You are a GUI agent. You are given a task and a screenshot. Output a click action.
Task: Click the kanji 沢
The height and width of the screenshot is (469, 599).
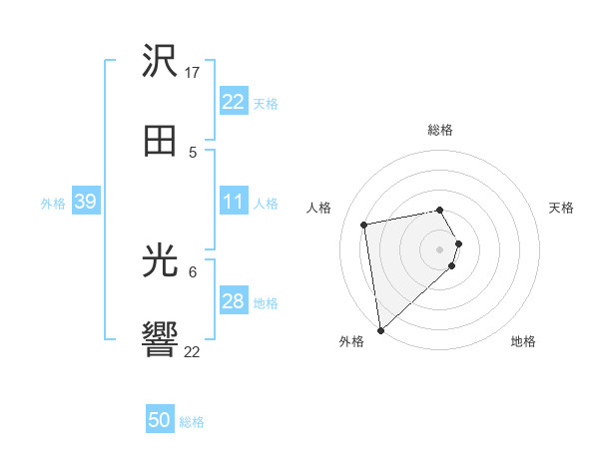(x=160, y=62)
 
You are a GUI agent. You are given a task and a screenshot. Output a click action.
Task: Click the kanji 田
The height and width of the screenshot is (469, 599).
(x=160, y=141)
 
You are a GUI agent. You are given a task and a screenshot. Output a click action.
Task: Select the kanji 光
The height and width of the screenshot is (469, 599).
(x=160, y=261)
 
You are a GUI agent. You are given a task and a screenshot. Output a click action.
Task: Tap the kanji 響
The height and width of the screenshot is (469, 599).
(x=160, y=340)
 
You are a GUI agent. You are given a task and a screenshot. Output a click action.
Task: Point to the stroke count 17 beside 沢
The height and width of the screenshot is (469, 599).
(x=194, y=73)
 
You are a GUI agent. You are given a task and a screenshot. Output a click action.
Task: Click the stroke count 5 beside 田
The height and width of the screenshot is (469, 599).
(x=193, y=152)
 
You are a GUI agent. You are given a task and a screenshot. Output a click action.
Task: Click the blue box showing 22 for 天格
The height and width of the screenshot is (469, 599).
(x=233, y=102)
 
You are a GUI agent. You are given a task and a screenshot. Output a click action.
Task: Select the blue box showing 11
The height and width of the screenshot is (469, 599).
(x=233, y=202)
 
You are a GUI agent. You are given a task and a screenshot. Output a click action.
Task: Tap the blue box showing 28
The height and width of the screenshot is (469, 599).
(x=233, y=301)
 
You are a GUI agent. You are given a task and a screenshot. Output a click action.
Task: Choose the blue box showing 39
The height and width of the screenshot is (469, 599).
(x=85, y=202)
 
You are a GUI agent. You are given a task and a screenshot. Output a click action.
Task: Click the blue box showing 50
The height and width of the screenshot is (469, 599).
(x=159, y=420)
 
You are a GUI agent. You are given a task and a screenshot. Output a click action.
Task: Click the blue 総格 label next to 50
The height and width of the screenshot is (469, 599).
(x=192, y=422)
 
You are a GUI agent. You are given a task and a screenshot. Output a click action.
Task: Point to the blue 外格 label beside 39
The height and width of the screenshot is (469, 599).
(x=53, y=204)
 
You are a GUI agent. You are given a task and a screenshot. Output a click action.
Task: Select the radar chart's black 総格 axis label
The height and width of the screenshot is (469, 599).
(x=440, y=130)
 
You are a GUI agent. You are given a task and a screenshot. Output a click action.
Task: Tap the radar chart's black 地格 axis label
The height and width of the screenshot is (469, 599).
(x=523, y=341)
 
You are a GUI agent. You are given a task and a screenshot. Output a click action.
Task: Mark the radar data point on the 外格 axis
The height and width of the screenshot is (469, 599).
(x=380, y=329)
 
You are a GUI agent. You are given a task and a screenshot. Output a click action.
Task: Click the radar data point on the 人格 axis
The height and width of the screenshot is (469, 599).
(x=364, y=224)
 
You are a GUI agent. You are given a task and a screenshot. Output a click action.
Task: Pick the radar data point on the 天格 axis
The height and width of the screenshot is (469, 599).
(x=458, y=243)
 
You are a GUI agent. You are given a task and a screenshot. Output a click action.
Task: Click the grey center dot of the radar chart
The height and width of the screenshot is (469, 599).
(x=440, y=249)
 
